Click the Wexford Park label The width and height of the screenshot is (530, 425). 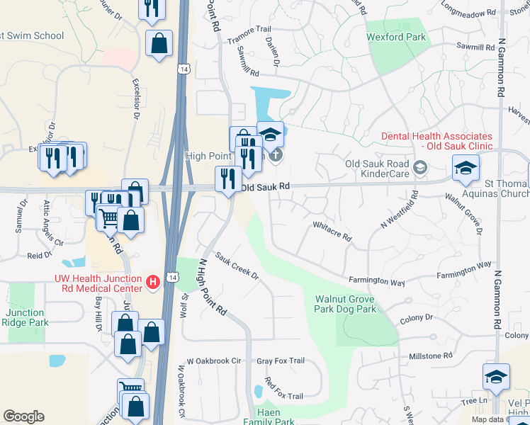tap(395, 37)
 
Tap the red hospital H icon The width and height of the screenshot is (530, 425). tap(152, 282)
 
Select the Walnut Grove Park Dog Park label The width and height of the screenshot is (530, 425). tap(345, 304)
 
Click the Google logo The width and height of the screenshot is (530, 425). tap(23, 416)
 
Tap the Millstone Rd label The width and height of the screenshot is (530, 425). tap(429, 356)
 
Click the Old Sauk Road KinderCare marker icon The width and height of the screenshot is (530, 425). tap(420, 167)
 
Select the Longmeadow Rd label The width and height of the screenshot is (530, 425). tap(468, 13)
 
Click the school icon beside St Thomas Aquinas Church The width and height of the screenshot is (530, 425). tap(467, 168)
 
